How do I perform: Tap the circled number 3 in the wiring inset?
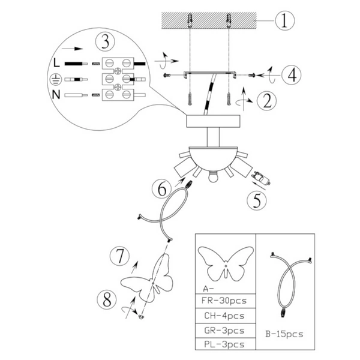[105, 43]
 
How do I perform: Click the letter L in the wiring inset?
[56, 62]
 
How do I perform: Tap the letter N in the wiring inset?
[56, 95]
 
